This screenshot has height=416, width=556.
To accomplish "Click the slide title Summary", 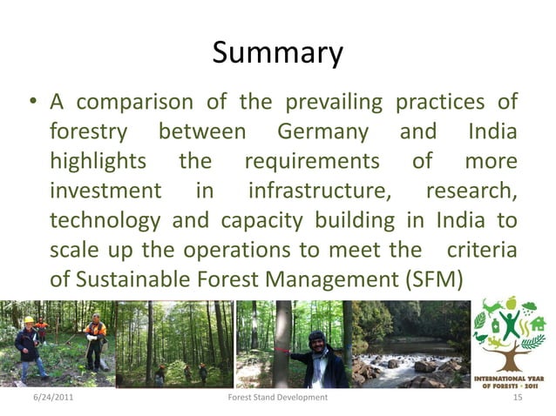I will [277, 54].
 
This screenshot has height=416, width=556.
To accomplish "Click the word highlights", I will [98, 162].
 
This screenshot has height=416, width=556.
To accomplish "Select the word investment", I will [105, 191].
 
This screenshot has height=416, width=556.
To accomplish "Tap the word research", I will [471, 191].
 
